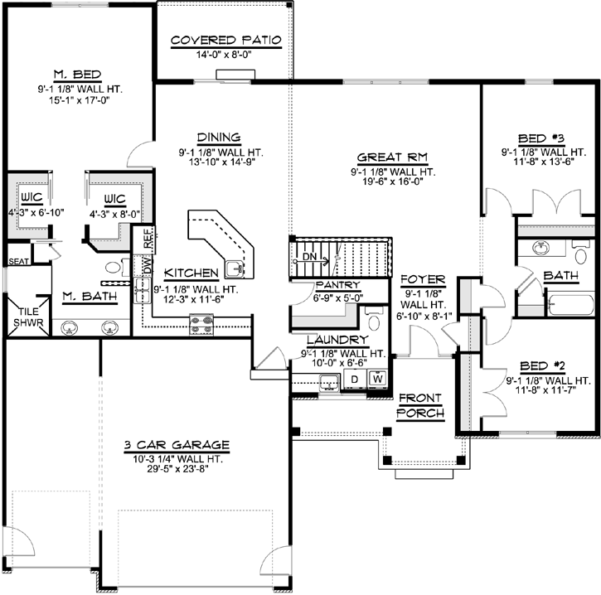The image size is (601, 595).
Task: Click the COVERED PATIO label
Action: coord(226,40)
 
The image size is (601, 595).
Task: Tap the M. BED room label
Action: coord(80,74)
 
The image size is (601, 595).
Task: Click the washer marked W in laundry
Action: coord(378,379)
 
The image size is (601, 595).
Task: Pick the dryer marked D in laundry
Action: coord(354,379)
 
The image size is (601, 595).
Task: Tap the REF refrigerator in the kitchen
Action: coord(148,238)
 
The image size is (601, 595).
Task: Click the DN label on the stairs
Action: coord(308,258)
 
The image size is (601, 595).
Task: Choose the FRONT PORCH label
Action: coord(420,405)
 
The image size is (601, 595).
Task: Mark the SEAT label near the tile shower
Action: coord(17,261)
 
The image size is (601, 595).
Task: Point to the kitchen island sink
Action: coord(235,267)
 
